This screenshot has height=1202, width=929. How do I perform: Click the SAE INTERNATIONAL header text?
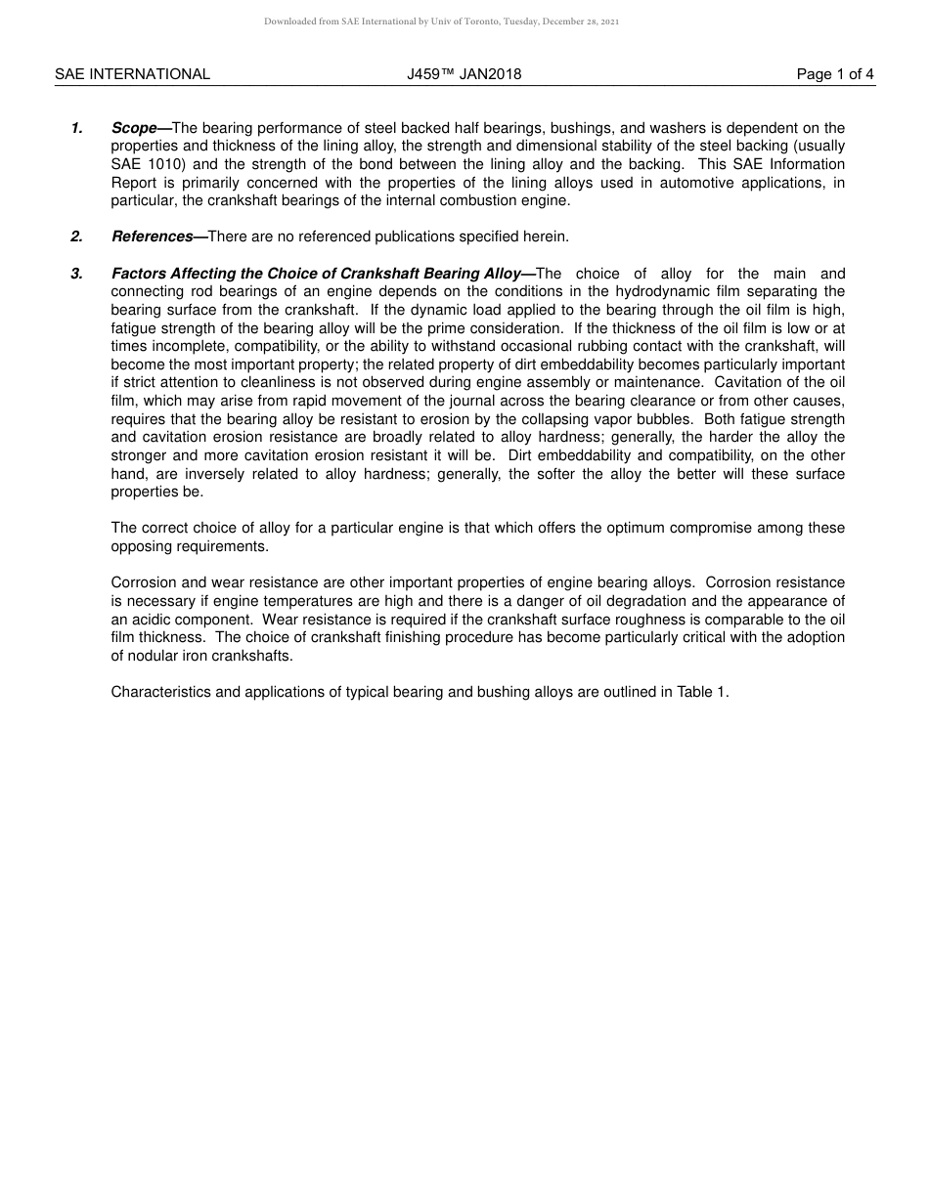point(132,74)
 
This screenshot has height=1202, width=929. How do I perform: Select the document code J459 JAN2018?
point(464,74)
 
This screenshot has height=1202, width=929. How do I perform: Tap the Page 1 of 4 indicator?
point(835,74)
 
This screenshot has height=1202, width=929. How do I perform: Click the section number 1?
point(77,128)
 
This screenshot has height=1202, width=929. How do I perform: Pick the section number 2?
point(77,236)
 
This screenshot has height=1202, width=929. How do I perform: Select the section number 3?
point(77,274)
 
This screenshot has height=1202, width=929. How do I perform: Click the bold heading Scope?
point(134,128)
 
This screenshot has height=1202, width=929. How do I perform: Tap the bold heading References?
point(152,236)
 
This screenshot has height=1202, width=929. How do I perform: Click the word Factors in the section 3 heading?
point(139,274)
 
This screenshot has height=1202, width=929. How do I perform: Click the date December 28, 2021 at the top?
point(578,21)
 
